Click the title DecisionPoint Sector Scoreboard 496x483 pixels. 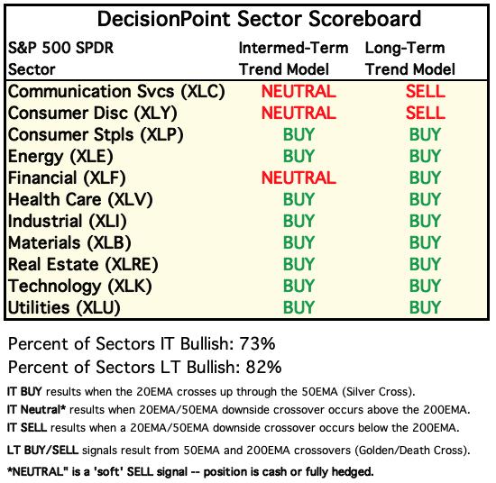tap(259, 19)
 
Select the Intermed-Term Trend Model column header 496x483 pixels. tap(294, 59)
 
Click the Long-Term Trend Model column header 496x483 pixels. tap(410, 59)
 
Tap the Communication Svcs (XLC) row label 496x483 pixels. tap(116, 92)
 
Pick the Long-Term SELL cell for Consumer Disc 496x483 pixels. tap(426, 113)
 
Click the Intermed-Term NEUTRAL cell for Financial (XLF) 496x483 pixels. tap(299, 178)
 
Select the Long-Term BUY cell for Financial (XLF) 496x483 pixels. tap(425, 178)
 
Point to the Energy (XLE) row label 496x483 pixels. tap(60, 157)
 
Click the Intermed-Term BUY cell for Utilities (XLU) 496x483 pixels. tap(299, 307)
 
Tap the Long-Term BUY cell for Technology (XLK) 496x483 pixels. tap(425, 286)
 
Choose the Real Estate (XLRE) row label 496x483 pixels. tap(83, 265)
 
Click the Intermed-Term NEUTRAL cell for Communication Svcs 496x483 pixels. tap(299, 91)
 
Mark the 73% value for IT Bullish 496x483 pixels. tap(257, 343)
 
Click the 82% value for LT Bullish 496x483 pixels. tap(263, 368)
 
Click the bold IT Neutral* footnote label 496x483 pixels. tap(36, 410)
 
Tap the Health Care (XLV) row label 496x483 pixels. tap(80, 200)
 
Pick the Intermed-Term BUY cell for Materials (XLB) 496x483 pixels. tap(299, 242)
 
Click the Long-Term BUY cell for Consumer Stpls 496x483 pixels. tap(425, 134)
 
